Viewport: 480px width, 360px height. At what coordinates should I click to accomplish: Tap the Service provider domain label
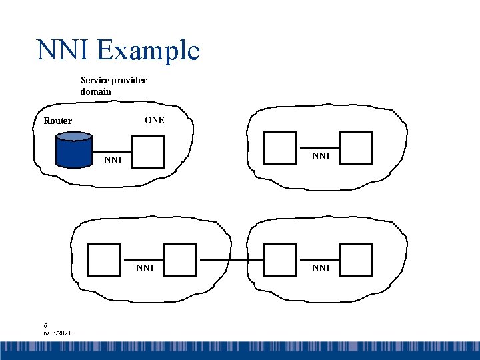pyautogui.click(x=113, y=85)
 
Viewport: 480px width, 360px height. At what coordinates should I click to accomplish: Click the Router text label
pyautogui.click(x=58, y=121)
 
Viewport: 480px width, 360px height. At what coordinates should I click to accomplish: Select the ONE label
pyautogui.click(x=154, y=120)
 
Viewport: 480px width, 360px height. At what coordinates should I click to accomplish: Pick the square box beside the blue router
pyautogui.click(x=147, y=151)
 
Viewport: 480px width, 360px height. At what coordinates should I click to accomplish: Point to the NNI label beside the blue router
pyautogui.click(x=113, y=160)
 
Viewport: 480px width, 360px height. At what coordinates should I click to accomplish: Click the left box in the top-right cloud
pyautogui.click(x=280, y=147)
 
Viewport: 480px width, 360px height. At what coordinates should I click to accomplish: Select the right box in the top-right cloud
pyautogui.click(x=356, y=147)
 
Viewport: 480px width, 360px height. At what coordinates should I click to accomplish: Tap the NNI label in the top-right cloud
pyautogui.click(x=321, y=156)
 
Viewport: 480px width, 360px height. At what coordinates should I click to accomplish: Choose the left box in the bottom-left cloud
pyautogui.click(x=105, y=260)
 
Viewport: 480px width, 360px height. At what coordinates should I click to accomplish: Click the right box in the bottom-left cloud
pyautogui.click(x=180, y=260)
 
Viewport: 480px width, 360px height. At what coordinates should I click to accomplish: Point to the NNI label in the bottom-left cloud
pyautogui.click(x=145, y=268)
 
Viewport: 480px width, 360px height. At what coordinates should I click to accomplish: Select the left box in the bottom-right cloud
pyautogui.click(x=280, y=260)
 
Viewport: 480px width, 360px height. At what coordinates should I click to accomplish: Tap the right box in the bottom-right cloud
pyautogui.click(x=356, y=260)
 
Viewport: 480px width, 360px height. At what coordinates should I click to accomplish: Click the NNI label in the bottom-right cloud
pyautogui.click(x=321, y=268)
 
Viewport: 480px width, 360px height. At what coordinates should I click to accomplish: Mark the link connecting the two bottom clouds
pyautogui.click(x=230, y=260)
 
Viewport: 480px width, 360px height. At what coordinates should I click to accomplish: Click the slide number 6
pyautogui.click(x=46, y=326)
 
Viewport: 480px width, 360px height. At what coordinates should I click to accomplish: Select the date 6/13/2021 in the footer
pyautogui.click(x=58, y=333)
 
